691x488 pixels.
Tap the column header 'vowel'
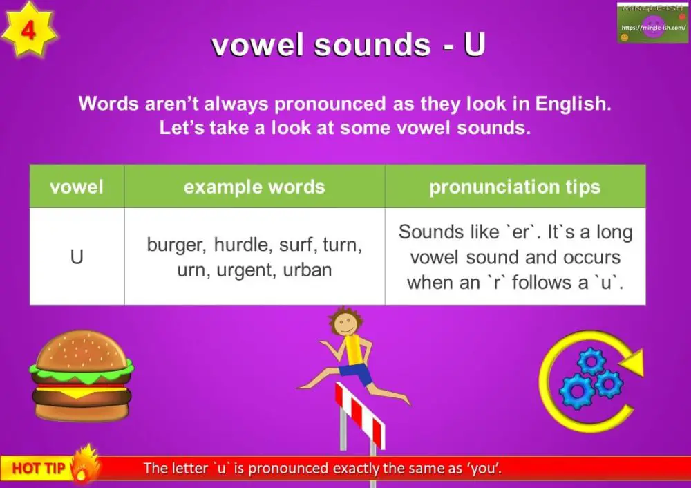(77, 187)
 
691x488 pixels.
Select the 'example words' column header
(254, 187)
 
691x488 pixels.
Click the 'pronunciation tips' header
(515, 187)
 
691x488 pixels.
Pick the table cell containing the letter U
(77, 257)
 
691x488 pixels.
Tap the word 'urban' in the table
(307, 270)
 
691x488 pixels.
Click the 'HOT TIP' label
(39, 469)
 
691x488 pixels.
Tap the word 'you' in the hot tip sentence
(484, 469)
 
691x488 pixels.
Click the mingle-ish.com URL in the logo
(653, 28)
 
